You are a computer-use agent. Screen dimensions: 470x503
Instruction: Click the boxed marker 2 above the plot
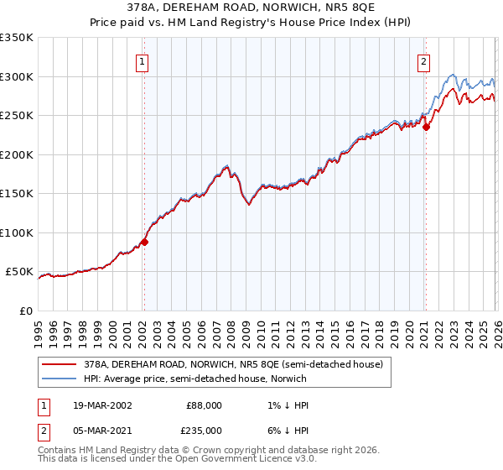[x=424, y=60]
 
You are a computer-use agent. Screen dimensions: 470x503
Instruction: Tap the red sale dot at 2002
[x=144, y=242]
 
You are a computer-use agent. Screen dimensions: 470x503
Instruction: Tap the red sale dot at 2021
[x=426, y=128]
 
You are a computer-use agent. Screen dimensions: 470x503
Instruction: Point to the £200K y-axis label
[x=16, y=154]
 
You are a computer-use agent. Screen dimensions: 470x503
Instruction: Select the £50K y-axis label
[x=19, y=272]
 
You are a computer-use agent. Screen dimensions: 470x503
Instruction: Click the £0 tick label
[x=26, y=311]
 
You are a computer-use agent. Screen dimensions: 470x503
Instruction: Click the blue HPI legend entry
[x=195, y=379]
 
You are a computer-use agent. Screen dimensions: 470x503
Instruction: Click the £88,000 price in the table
[x=204, y=405]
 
